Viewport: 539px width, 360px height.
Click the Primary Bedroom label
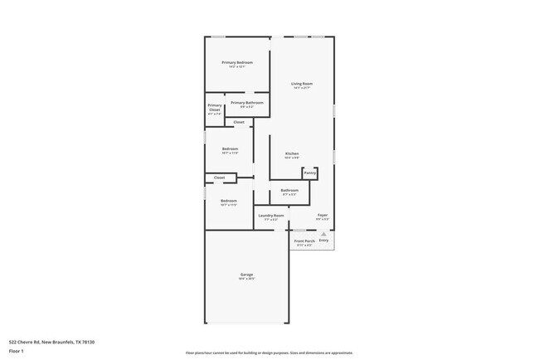tap(236, 63)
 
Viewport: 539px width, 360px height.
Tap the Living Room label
tap(301, 84)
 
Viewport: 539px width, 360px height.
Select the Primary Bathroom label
tap(251, 103)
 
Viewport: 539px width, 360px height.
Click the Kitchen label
tap(292, 153)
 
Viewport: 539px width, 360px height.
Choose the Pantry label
tap(309, 173)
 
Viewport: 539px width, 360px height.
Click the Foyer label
tap(323, 215)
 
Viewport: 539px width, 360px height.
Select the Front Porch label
tap(304, 241)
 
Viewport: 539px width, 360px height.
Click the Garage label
tap(247, 275)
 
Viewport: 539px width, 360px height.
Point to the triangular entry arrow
tap(323, 234)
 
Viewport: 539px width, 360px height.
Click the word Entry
tap(323, 241)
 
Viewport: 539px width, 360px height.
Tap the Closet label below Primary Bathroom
tap(239, 122)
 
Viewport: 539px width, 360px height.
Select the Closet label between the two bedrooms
tap(219, 177)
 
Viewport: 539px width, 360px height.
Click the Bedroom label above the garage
tap(229, 201)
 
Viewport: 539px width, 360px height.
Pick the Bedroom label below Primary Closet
tap(230, 149)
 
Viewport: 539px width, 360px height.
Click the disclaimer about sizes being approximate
tap(269, 352)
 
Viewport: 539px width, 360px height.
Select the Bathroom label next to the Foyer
tap(289, 190)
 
